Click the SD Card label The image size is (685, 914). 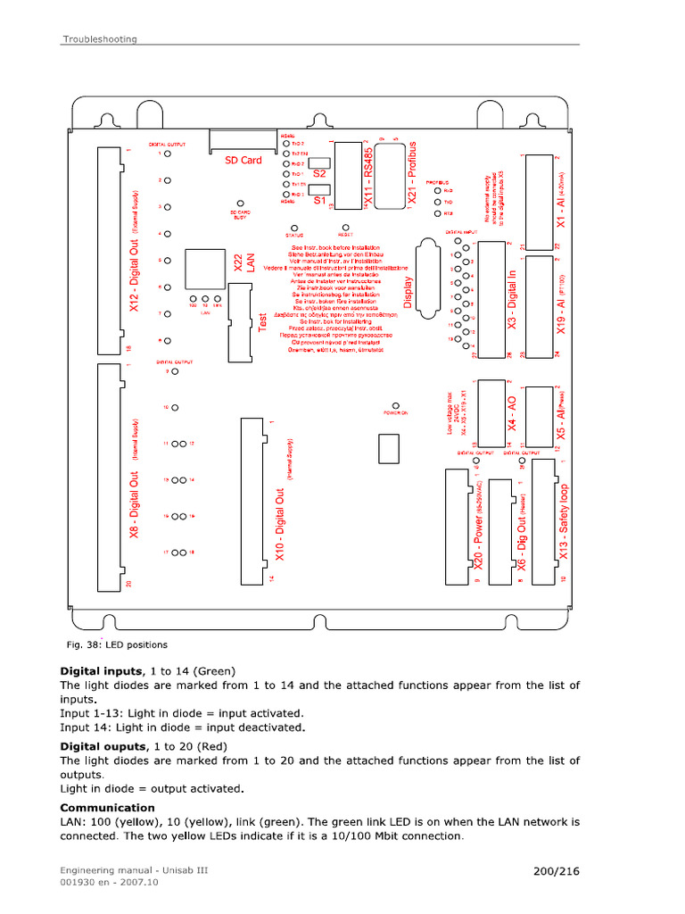point(243,161)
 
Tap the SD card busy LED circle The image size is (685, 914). point(240,204)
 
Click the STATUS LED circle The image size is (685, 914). point(289,227)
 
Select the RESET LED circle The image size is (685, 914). point(344,227)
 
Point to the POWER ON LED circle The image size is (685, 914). point(395,405)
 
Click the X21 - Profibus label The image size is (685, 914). point(411,174)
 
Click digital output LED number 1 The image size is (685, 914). point(166,154)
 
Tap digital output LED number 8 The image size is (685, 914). point(166,341)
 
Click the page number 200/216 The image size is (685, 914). point(557,870)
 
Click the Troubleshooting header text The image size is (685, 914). point(99,38)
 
